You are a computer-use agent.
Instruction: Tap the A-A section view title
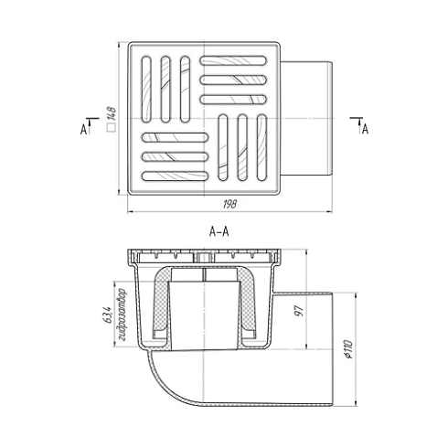[219, 233]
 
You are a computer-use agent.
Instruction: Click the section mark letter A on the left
[83, 130]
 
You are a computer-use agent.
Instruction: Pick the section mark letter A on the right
[364, 130]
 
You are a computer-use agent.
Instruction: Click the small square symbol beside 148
[110, 130]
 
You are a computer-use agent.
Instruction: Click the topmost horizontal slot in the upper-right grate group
[238, 64]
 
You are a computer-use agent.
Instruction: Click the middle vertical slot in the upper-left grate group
[166, 90]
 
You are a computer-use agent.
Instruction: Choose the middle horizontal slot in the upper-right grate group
[238, 80]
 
